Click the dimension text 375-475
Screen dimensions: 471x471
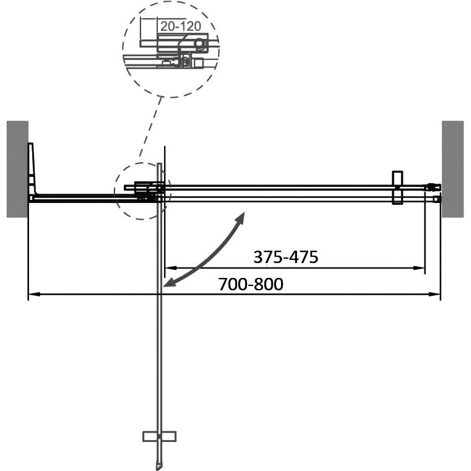286,257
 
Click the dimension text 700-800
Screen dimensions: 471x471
251,284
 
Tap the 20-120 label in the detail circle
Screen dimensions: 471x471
181,26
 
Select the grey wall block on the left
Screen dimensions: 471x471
17,169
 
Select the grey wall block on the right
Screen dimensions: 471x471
452,169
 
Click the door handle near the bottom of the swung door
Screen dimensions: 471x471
159,436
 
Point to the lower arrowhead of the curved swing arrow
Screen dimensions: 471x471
168,282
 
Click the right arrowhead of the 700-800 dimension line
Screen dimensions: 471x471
434,295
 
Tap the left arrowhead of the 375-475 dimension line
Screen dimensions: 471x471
171,267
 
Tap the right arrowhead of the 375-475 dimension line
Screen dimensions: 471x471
419,267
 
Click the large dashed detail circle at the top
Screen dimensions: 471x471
123,50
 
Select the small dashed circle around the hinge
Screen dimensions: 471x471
115,191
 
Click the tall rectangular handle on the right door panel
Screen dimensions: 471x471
397,188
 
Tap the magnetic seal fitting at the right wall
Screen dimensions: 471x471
433,188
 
